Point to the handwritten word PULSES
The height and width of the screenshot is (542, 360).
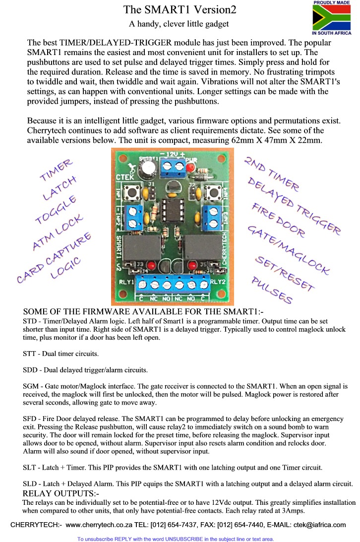point(272,289)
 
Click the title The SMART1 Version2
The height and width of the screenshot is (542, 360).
point(180,9)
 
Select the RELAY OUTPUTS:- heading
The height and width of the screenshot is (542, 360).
point(61,493)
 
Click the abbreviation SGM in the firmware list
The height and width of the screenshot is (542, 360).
point(32,385)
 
